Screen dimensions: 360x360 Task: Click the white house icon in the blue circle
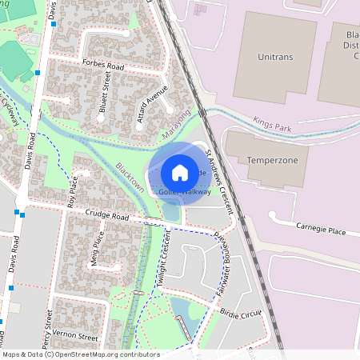click(180, 173)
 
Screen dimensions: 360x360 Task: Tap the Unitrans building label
click(276, 57)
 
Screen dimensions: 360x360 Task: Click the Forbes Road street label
click(106, 63)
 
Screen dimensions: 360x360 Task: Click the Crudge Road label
click(110, 216)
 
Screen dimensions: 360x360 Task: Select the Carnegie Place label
click(320, 230)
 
